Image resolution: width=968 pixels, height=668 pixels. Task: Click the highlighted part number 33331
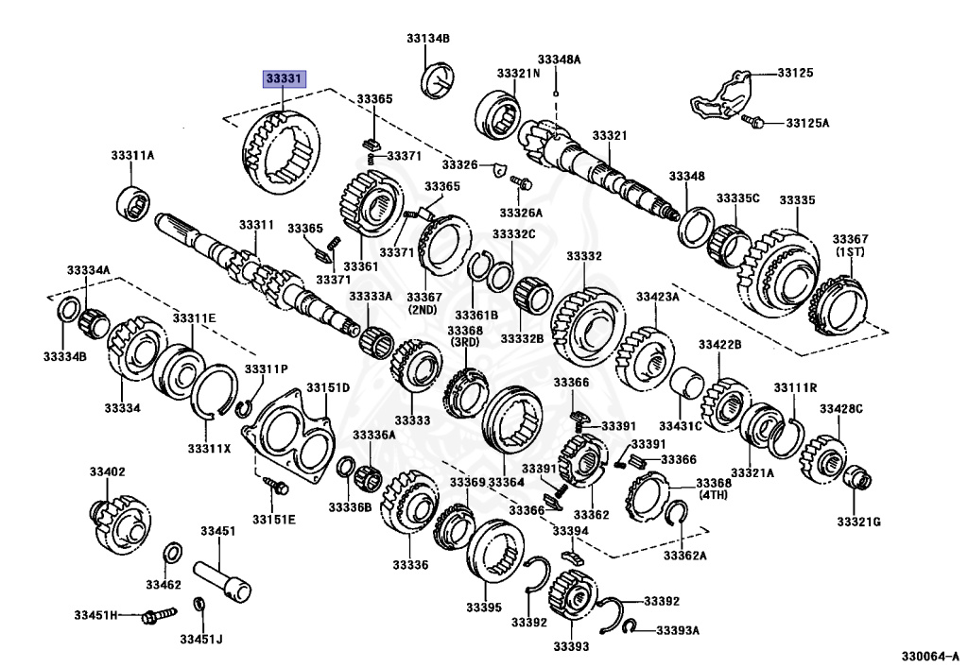click(x=285, y=78)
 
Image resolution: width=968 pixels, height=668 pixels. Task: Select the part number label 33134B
click(x=428, y=39)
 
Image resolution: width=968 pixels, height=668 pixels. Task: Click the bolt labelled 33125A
click(x=751, y=121)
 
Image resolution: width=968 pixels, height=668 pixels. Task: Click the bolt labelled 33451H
click(x=152, y=616)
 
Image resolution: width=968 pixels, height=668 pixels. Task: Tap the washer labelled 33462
click(x=174, y=553)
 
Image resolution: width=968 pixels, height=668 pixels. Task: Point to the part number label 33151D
click(x=327, y=387)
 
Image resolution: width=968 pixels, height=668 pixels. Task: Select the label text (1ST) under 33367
click(x=850, y=254)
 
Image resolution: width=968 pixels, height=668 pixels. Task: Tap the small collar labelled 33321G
click(x=858, y=479)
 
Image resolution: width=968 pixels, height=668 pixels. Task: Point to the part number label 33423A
click(x=657, y=297)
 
